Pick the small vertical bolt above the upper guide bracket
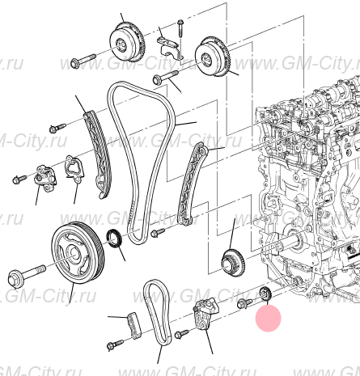point(179,27)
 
